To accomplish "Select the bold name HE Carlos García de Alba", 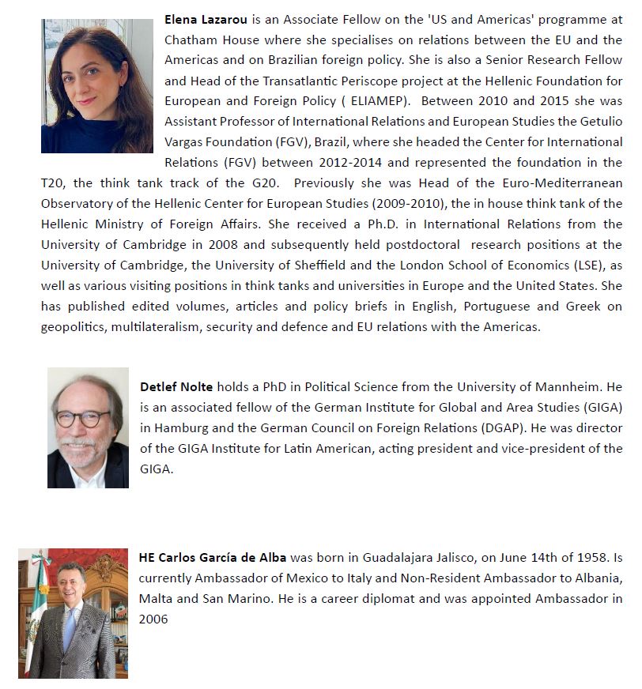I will tap(212, 557).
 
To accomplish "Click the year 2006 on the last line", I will tap(153, 619).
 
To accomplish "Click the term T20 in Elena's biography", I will tap(52, 183).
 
